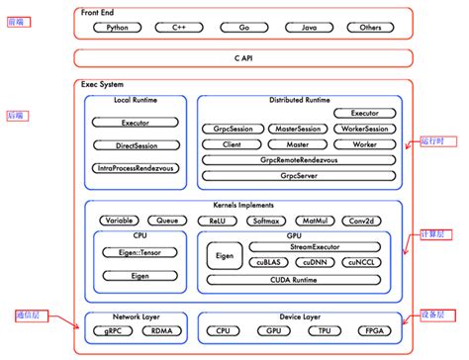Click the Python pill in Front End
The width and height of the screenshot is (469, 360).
pos(117,28)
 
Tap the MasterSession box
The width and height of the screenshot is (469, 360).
pos(297,130)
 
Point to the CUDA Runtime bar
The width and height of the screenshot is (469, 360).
pos(299,281)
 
